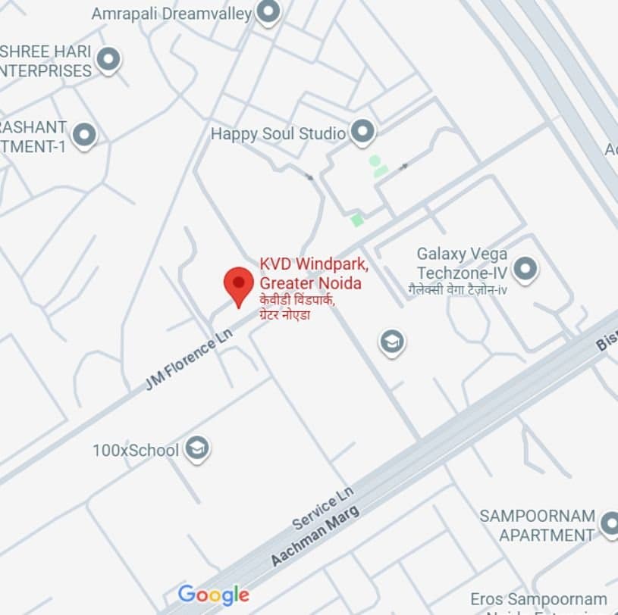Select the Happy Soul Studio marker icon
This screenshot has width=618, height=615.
(363, 132)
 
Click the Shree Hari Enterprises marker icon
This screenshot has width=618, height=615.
(108, 60)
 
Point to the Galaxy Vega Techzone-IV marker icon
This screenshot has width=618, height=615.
(525, 268)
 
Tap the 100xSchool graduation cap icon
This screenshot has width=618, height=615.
(197, 448)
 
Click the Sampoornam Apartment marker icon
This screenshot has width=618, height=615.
(609, 524)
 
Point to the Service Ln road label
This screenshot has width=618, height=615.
(323, 507)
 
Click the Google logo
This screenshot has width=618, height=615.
(213, 595)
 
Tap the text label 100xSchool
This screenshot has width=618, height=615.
(136, 451)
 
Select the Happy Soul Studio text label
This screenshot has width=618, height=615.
(278, 134)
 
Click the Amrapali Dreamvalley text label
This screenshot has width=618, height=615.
(171, 14)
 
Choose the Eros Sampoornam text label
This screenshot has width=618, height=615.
(538, 600)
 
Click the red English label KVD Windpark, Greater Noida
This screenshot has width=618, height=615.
(314, 273)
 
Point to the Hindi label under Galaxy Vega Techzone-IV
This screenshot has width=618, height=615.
(457, 289)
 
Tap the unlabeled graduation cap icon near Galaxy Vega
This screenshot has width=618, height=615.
(391, 343)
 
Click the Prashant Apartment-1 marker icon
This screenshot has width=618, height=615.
(84, 136)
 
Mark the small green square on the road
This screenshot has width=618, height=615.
(356, 220)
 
